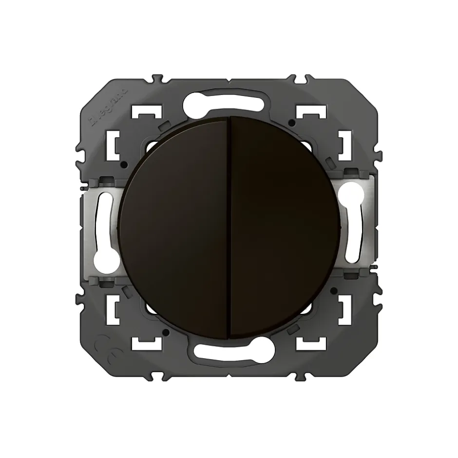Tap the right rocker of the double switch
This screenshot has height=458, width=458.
(283, 229)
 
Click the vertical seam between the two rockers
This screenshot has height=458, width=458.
(229, 229)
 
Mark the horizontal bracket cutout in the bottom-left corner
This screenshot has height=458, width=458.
(148, 343)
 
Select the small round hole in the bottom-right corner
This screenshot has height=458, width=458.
(332, 291)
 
